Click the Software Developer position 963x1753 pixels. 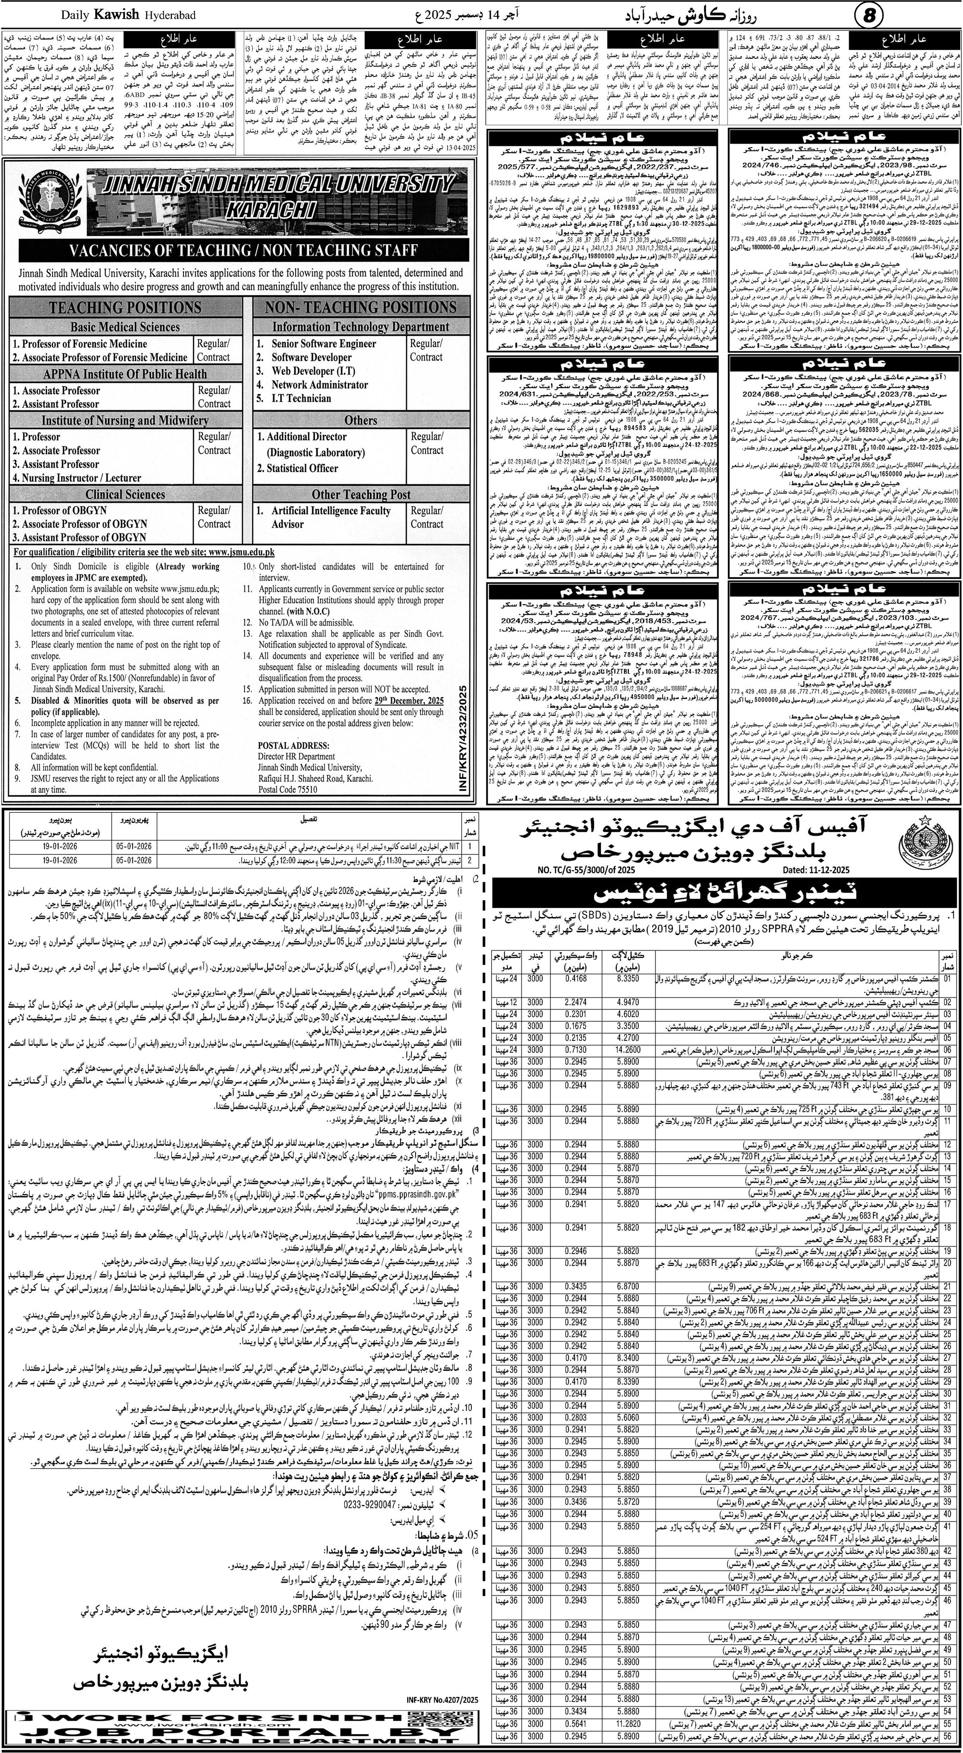coord(311,357)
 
